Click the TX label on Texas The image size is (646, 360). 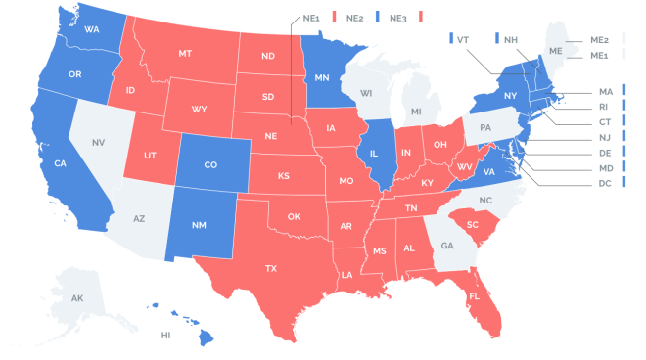(x=270, y=267)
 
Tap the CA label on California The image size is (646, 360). (x=60, y=162)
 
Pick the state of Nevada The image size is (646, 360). (x=98, y=143)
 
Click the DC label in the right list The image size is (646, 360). (x=606, y=183)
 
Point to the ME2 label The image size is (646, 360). (x=601, y=39)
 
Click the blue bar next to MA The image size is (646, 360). (x=623, y=91)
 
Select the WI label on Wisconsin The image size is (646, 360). (x=366, y=94)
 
